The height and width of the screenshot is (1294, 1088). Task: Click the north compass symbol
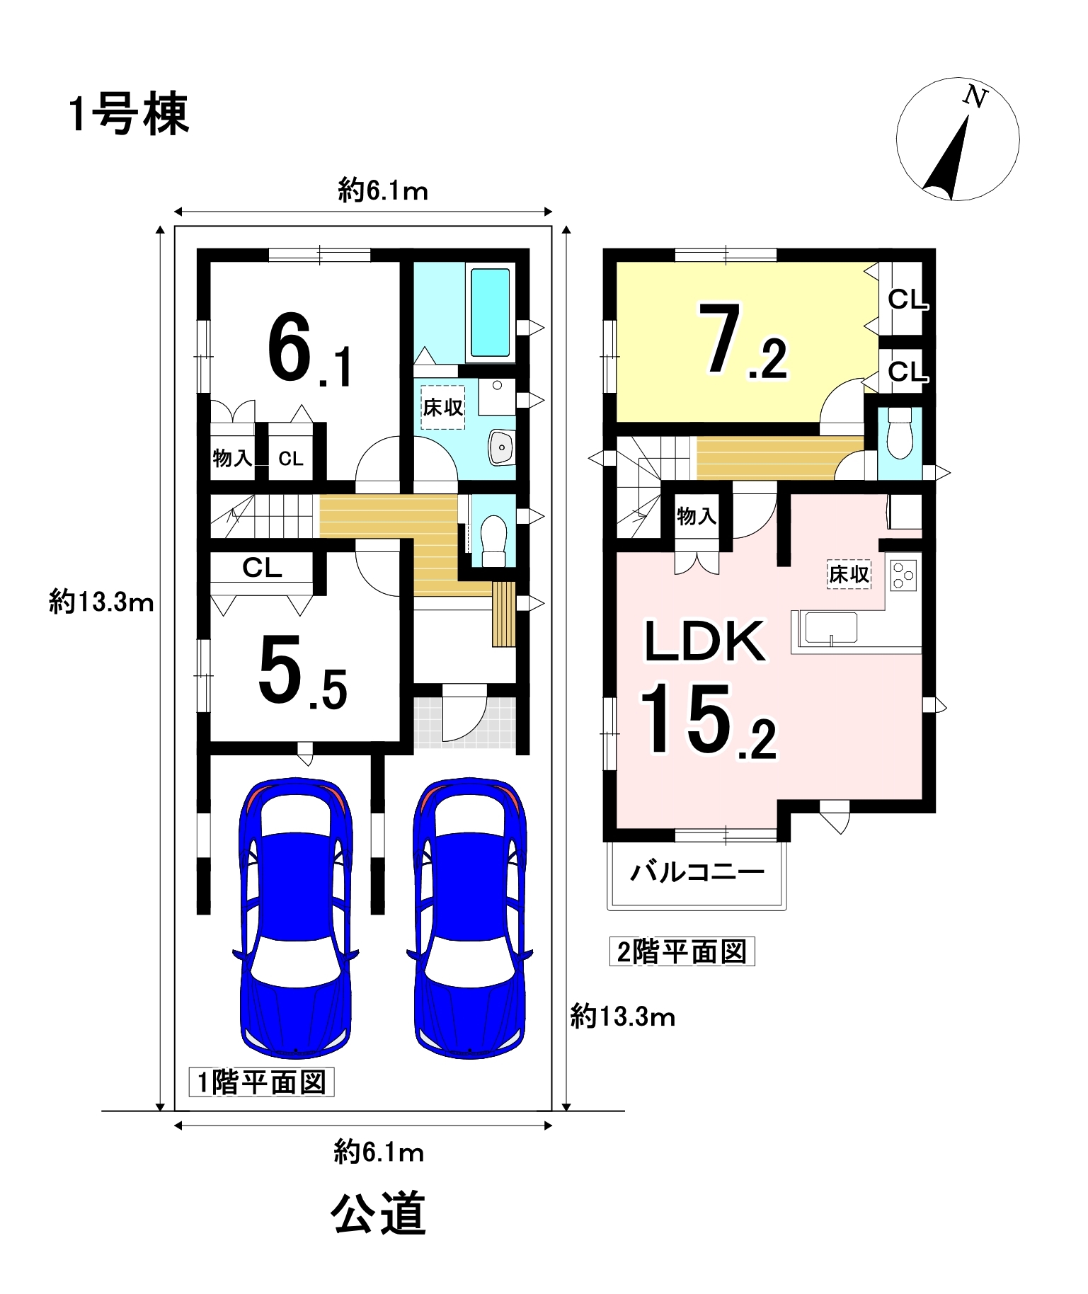coord(957,139)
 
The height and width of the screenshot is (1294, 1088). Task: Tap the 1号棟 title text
coord(130,115)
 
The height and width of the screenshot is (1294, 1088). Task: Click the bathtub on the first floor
coord(490,312)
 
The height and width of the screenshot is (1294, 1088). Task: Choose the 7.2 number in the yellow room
coord(743,341)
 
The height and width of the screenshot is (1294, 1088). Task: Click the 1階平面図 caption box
coord(261,1082)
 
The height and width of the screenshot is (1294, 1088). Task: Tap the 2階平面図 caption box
coord(682,951)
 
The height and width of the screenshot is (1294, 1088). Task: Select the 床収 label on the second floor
coord(849,574)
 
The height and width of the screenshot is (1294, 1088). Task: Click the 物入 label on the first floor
coord(232,459)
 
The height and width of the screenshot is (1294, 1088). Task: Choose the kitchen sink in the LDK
coord(829,628)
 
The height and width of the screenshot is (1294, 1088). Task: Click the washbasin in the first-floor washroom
coord(501,447)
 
